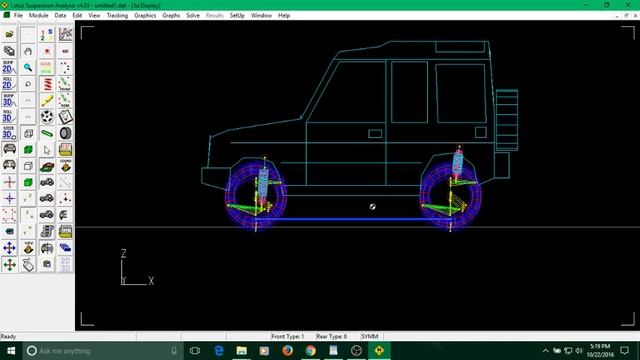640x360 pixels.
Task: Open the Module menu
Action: point(38,16)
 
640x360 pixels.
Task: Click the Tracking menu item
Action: point(117,16)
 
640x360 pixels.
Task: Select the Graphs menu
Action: point(171,16)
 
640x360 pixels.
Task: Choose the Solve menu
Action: point(193,16)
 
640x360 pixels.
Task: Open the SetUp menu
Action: point(237,16)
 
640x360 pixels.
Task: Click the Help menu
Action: point(284,16)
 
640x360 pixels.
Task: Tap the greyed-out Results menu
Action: point(214,16)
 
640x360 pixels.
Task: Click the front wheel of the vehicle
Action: point(257,196)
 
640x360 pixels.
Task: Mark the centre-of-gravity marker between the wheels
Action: point(372,206)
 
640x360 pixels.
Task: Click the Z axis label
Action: point(123,254)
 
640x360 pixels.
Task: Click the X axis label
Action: point(151,281)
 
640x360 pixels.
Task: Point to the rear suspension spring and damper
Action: point(457,166)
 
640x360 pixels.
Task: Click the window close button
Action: point(629,5)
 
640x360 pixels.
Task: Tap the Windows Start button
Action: point(9,351)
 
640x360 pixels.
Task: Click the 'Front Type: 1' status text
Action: point(288,336)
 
